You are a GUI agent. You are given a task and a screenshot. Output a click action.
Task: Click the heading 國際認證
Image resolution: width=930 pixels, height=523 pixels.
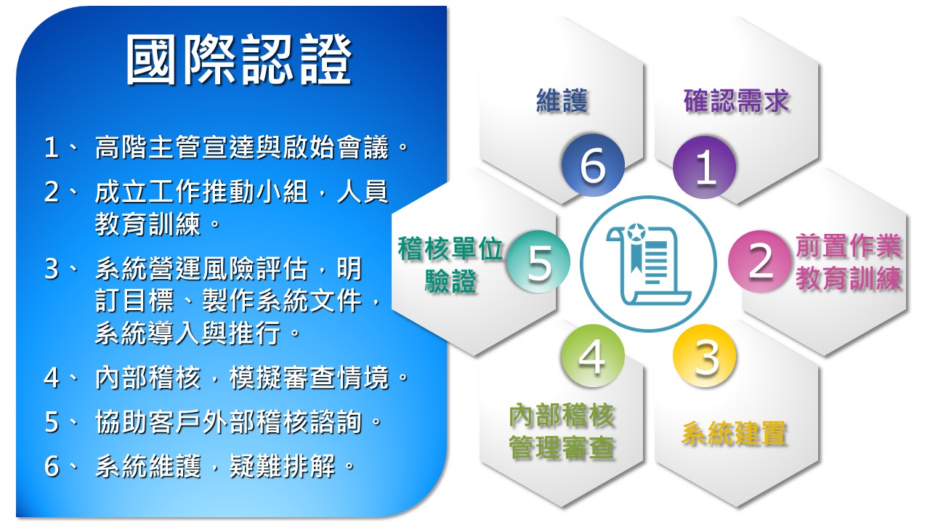239,60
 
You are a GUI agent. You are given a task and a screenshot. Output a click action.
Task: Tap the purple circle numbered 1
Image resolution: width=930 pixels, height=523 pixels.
705,167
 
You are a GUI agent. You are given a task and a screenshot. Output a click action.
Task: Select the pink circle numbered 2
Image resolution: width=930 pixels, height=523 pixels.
760,261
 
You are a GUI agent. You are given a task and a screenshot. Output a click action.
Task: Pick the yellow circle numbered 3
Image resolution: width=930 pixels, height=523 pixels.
705,356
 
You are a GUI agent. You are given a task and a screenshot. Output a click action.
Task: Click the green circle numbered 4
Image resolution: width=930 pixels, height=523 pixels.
592,356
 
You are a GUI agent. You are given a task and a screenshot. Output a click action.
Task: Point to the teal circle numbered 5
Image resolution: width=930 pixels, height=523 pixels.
538,261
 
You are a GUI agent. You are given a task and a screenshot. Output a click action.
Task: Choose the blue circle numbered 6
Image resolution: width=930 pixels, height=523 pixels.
592,165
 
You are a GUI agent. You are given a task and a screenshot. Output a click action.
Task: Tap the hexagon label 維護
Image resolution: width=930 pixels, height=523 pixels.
562,100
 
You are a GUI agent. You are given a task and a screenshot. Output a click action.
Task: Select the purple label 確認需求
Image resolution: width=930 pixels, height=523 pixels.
736,100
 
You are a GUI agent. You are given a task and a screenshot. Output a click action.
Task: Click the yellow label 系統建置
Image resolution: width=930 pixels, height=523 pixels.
734,432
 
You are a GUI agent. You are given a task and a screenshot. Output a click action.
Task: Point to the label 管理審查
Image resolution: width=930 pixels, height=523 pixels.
562,447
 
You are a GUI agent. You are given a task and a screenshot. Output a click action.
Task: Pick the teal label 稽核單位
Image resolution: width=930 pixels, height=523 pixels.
450,248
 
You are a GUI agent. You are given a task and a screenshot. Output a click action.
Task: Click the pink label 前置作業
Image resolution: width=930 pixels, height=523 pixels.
849,246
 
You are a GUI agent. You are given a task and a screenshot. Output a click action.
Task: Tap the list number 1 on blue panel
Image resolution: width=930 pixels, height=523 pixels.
51,147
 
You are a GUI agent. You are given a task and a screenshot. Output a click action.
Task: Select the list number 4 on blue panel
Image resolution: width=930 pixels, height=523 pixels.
51,378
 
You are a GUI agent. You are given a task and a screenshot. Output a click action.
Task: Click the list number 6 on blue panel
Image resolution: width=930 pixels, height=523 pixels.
52,466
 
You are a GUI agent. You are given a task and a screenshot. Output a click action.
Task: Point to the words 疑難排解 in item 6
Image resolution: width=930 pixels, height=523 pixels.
283,466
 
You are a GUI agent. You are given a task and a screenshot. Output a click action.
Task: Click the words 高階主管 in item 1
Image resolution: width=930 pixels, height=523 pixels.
147,147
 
